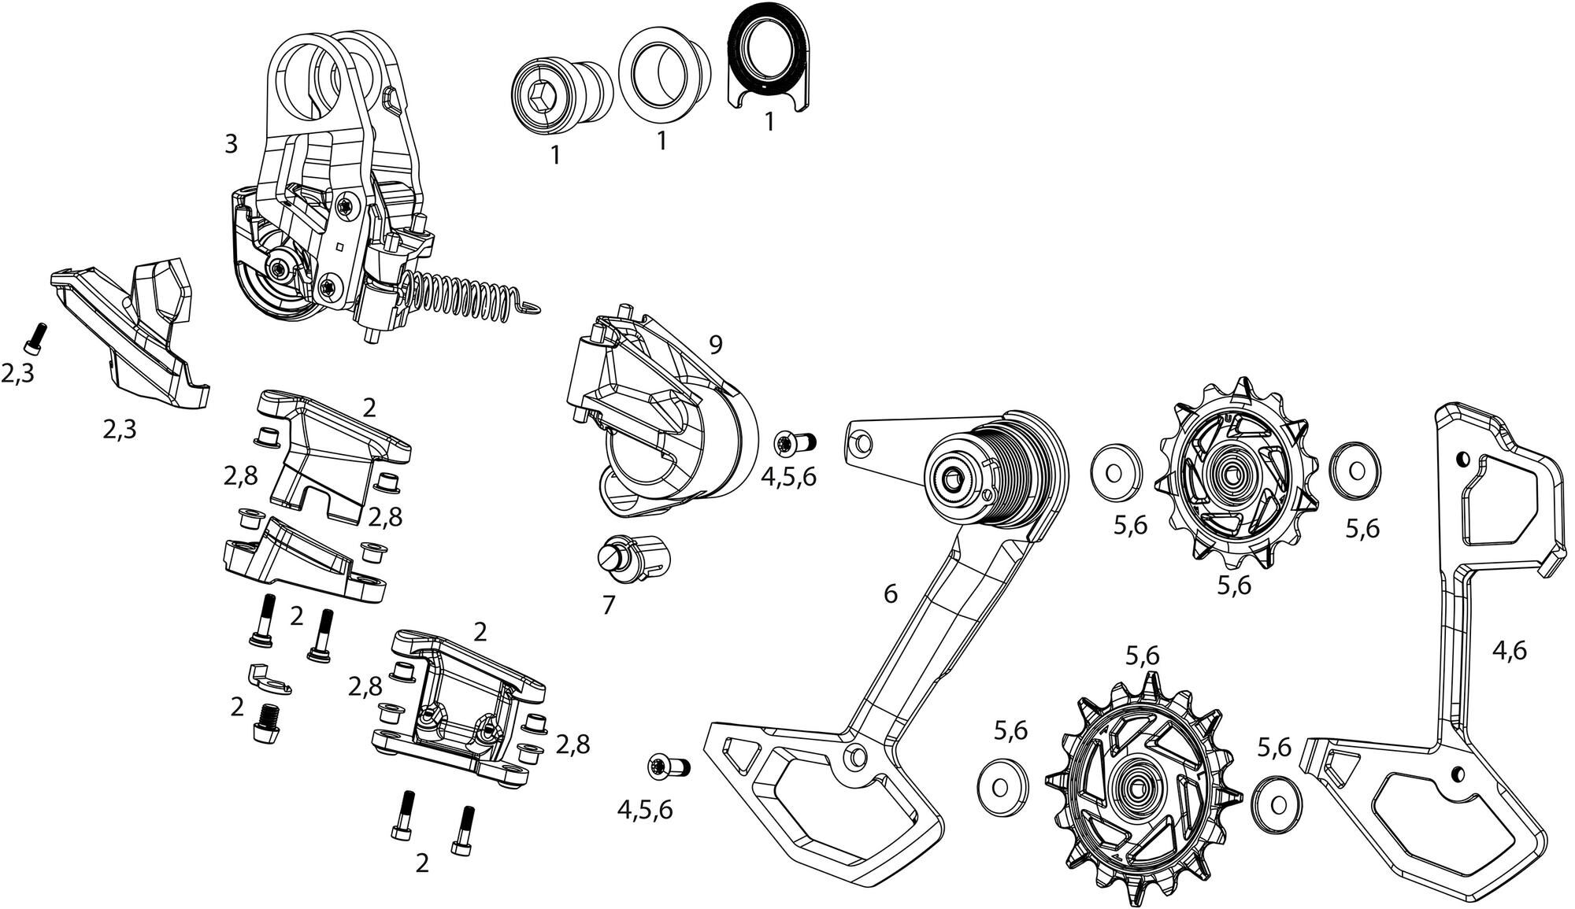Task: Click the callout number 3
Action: click(231, 144)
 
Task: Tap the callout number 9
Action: click(715, 344)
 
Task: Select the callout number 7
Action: click(608, 604)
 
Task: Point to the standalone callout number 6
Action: click(890, 593)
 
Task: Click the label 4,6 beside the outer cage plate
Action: click(1509, 650)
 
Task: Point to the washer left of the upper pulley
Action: click(1115, 473)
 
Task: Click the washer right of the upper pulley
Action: click(1354, 471)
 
